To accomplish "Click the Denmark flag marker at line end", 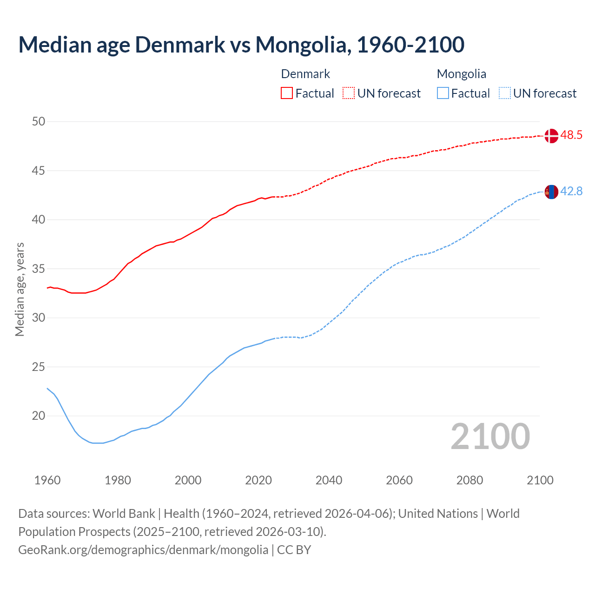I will click(x=551, y=136).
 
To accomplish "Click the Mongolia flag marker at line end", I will click(x=551, y=192).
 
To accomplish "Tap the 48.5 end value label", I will click(x=571, y=135).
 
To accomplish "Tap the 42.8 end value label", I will click(x=571, y=192).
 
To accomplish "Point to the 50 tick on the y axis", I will click(x=39, y=122).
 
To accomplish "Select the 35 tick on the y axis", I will click(x=39, y=269).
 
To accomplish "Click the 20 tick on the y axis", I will click(x=39, y=416).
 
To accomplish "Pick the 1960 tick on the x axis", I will click(x=47, y=480).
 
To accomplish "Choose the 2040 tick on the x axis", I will click(x=329, y=480).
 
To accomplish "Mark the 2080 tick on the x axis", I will click(x=469, y=480).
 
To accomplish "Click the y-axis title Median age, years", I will click(x=20, y=289).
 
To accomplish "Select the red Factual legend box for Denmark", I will click(x=287, y=93).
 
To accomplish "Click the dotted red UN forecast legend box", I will click(x=349, y=93).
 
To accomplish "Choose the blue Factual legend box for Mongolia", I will click(x=443, y=93).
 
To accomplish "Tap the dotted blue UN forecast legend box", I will click(x=504, y=93).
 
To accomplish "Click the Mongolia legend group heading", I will click(x=461, y=74).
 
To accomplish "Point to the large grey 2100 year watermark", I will click(x=490, y=436).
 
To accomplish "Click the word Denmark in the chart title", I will click(x=180, y=45).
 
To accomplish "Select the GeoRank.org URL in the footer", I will click(x=143, y=550).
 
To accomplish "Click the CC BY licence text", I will click(x=294, y=550).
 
